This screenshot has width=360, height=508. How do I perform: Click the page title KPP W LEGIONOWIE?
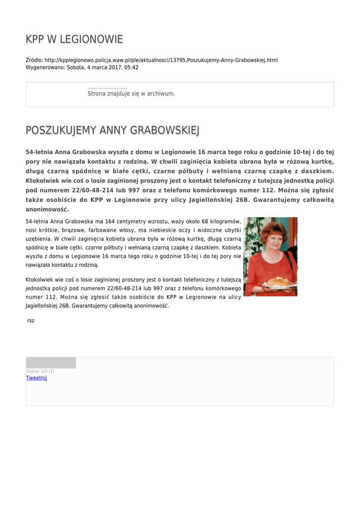pos(74,39)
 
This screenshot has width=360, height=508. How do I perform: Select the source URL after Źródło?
pos(161,60)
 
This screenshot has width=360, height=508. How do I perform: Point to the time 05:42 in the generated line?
pos(132,67)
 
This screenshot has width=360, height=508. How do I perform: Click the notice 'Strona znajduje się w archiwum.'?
pos(131,93)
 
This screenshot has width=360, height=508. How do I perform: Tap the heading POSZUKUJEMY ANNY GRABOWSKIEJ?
pos(113,130)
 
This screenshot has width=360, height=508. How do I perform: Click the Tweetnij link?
pos(36,378)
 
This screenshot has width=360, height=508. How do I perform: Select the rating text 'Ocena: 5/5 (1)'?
pos(40,371)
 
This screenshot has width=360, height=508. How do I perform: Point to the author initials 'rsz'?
pos(31,321)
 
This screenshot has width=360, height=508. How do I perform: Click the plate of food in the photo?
pos(279,282)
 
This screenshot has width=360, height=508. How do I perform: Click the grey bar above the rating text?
pos(51,363)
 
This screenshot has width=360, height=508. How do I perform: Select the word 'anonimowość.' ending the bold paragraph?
pos(47,209)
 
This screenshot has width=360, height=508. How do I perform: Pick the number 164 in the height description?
pos(108,221)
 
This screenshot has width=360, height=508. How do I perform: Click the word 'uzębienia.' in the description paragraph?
pos(39,239)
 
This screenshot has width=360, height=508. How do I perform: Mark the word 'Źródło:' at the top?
pos(34,60)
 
